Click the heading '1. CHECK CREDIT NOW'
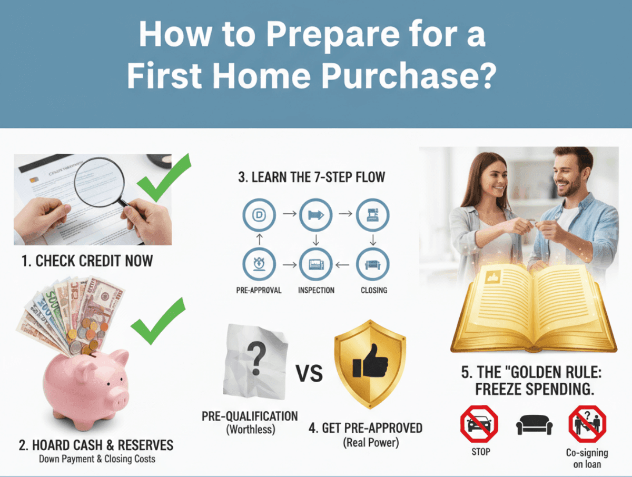pos(87,260)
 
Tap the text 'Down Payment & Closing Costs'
pos(97,459)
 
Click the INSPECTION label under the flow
pos(316,290)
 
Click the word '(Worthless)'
pos(250,429)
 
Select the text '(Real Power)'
pos(371,442)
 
